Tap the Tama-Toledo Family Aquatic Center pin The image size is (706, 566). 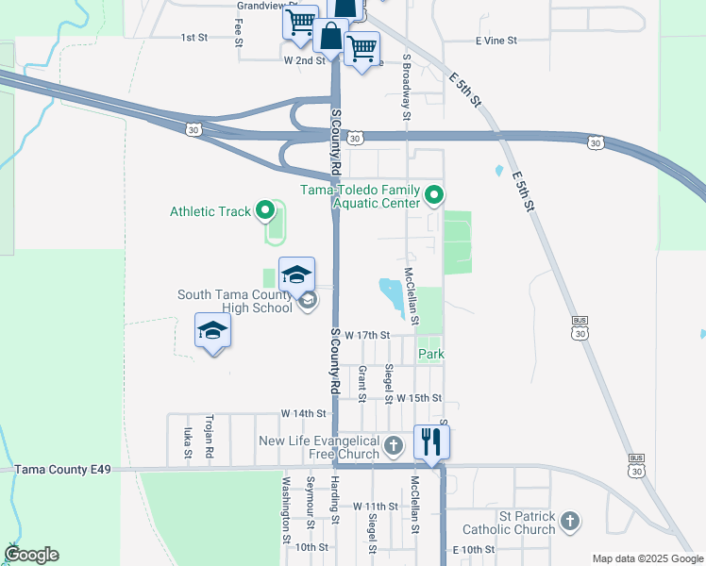point(434,195)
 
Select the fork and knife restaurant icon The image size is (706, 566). point(431,441)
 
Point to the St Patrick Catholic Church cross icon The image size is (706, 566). point(569,521)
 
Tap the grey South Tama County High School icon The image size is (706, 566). point(307,301)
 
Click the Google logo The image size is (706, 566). point(31,555)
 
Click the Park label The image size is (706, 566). point(431,354)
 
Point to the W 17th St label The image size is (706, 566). point(367,335)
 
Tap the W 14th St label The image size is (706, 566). point(302,414)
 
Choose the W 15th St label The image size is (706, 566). point(419,398)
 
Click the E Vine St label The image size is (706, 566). point(496,41)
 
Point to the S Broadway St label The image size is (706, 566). point(407,86)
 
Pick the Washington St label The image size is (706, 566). point(286,510)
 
